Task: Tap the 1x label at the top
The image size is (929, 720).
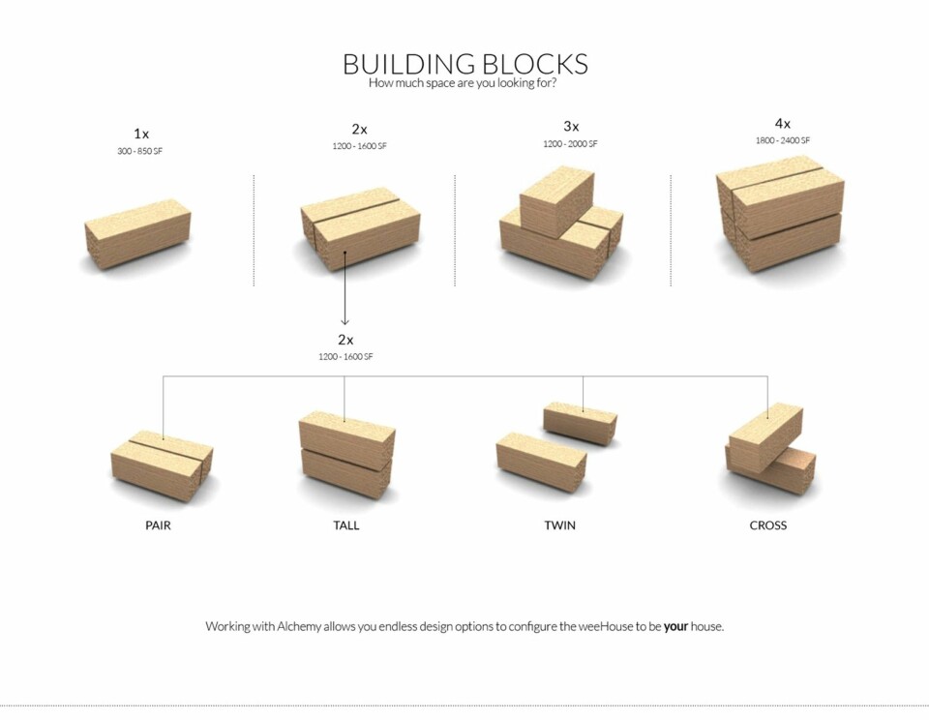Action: tap(142, 134)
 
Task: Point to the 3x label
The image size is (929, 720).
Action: tap(571, 126)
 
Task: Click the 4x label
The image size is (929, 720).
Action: tap(782, 124)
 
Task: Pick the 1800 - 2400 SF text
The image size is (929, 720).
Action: tap(782, 141)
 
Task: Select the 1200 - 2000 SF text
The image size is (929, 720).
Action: tap(571, 144)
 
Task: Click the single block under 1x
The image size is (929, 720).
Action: tap(137, 233)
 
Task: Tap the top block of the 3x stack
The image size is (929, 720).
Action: tap(555, 199)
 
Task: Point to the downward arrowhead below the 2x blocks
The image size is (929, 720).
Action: tap(345, 320)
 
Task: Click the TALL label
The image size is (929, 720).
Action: tap(345, 525)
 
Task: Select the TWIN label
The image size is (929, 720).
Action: tap(559, 525)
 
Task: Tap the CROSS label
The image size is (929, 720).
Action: tap(767, 525)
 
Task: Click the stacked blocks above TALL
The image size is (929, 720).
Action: tap(346, 454)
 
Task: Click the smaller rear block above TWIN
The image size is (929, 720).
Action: tap(581, 422)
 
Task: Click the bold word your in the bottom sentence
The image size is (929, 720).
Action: tap(675, 626)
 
